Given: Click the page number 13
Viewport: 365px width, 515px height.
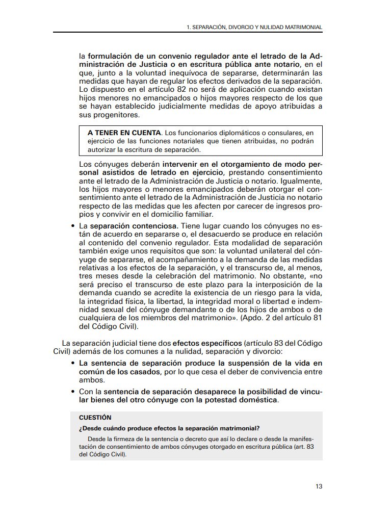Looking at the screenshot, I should pyautogui.click(x=319, y=486).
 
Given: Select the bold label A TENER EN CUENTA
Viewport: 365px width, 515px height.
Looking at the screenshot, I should pyautogui.click(x=124, y=133).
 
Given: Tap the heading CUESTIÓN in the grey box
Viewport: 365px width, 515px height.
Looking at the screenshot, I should pyautogui.click(x=95, y=417).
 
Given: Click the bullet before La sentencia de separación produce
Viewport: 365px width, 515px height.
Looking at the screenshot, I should pyautogui.click(x=74, y=363).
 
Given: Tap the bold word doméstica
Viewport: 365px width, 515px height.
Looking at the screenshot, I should pyautogui.click(x=259, y=400).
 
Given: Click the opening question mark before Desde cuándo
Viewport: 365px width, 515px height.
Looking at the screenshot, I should pyautogui.click(x=81, y=428).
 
